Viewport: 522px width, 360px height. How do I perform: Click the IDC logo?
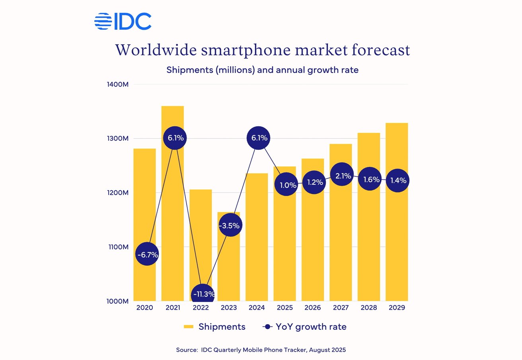click(123, 22)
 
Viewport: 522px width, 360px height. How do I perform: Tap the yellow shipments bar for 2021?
click(173, 223)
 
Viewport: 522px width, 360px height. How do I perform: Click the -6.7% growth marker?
click(147, 254)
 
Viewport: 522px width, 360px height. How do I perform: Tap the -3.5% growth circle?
click(230, 225)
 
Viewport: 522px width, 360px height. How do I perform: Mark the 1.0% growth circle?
click(286, 185)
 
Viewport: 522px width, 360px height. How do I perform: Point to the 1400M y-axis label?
click(117, 84)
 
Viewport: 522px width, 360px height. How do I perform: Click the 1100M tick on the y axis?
click(117, 247)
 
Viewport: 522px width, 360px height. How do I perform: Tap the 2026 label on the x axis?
click(313, 308)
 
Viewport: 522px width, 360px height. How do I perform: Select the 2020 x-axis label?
click(144, 308)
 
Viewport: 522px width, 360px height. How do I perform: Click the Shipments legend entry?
click(215, 327)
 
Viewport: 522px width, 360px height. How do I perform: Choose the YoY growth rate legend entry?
click(305, 327)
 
